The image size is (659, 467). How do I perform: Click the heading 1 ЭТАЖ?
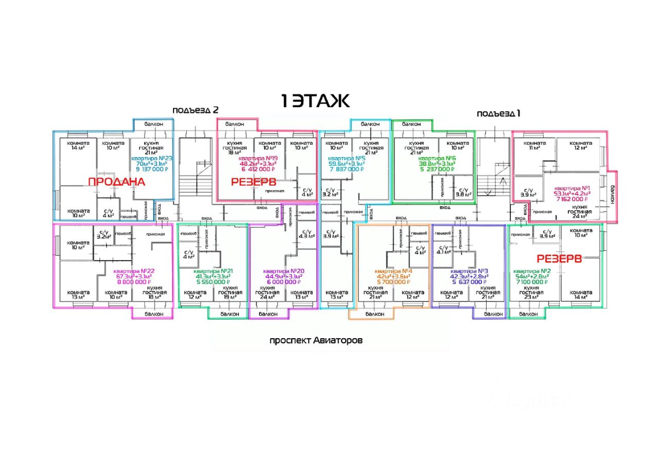316,101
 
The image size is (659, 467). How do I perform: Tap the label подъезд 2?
196,110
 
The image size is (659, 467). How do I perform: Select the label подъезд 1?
498,113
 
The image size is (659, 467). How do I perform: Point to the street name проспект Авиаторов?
316,341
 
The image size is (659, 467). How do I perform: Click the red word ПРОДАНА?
116,182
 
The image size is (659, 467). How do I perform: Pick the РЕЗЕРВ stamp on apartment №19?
253,181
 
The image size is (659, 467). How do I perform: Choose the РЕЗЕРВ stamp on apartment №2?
559,259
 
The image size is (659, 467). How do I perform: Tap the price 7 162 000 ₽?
572,198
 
